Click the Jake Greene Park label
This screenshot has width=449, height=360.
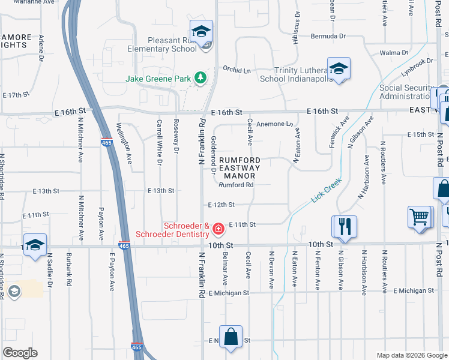coord(158,78)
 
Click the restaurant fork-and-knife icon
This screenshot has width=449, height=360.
coord(345,226)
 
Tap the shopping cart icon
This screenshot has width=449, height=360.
coord(420,217)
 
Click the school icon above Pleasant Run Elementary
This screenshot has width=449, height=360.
coord(202,30)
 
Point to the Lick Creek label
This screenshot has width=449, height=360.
coord(327,189)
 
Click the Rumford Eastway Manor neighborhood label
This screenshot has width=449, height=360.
coord(240,168)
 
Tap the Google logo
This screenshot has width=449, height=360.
coord(20,352)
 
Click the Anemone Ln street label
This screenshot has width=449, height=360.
coord(274,124)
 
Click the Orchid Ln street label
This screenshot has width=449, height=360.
coord(237,70)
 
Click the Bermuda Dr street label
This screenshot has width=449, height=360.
coord(329,36)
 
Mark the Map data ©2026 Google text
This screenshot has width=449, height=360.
coord(412,355)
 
